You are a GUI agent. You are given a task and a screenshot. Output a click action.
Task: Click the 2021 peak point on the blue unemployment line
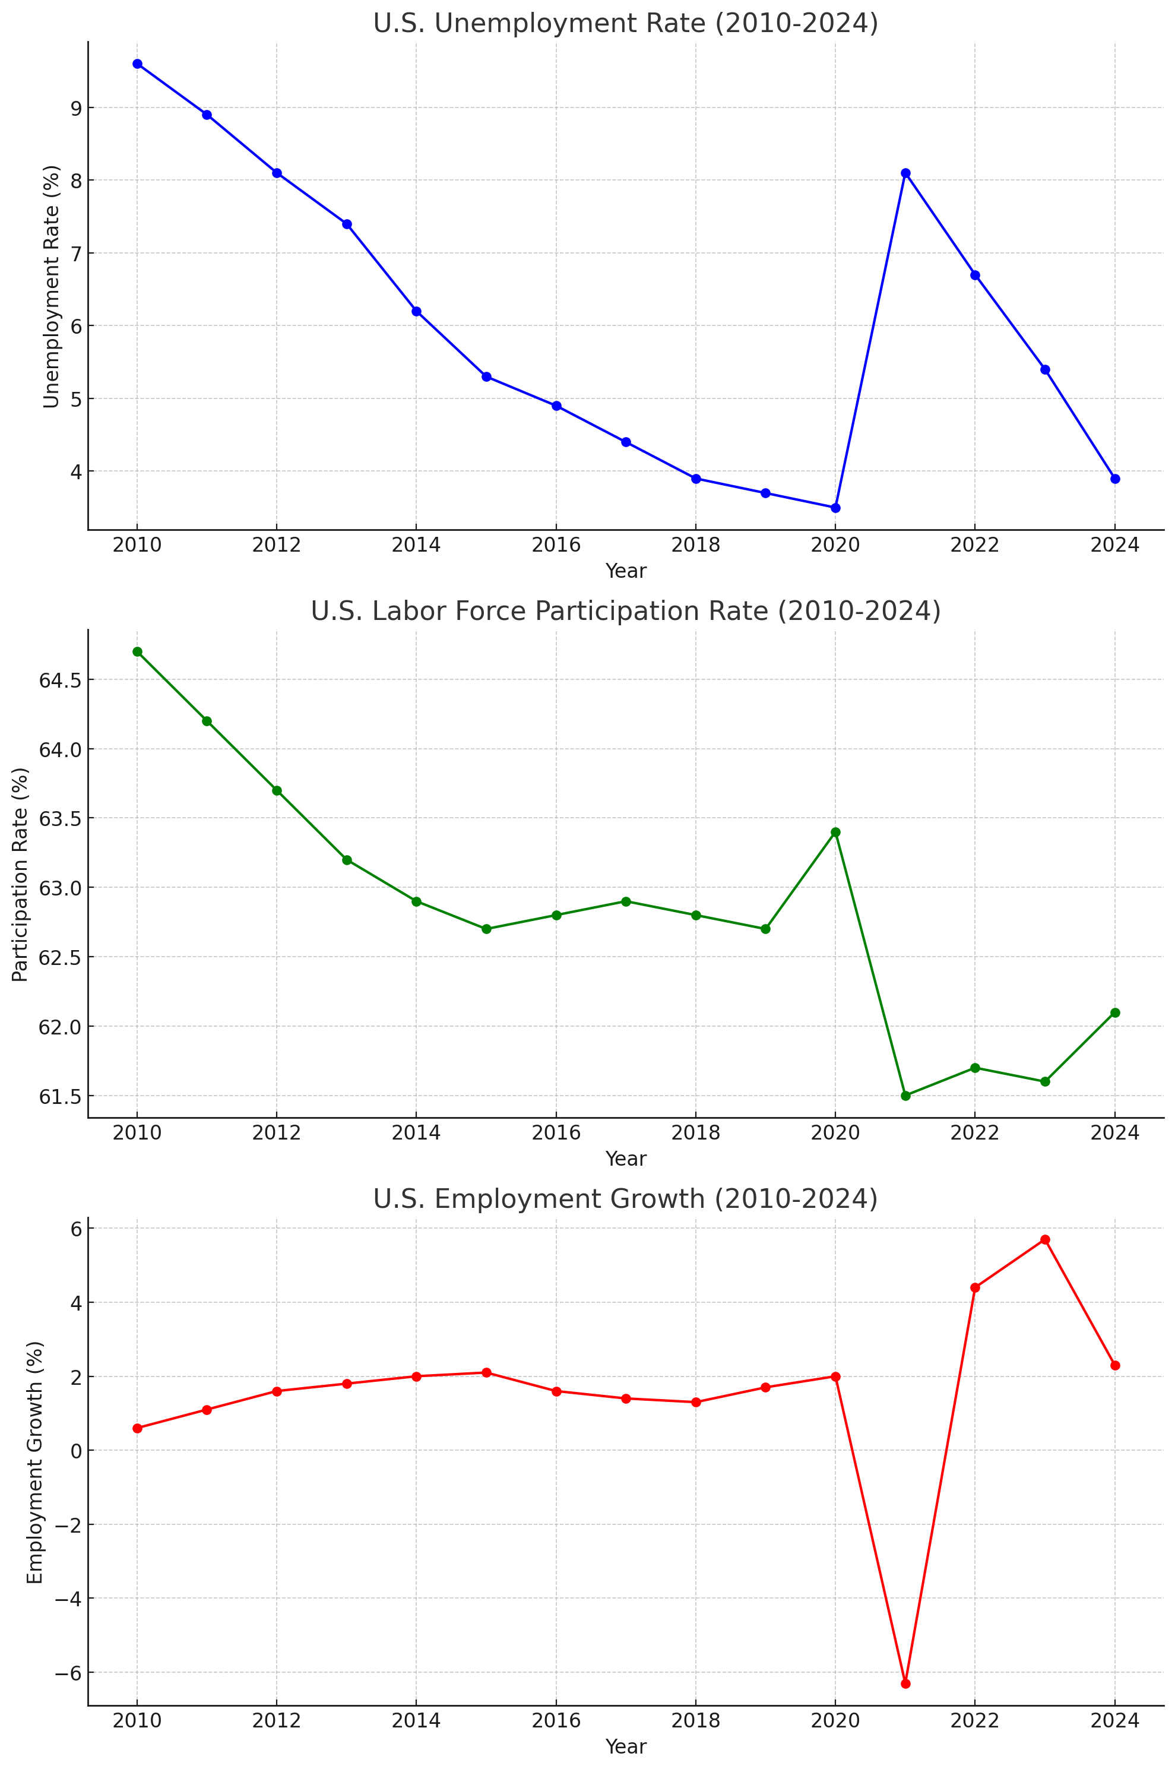[905, 173]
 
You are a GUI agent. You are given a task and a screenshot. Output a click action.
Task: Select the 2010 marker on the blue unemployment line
[137, 64]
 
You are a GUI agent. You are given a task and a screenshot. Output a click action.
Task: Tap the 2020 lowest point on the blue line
[835, 508]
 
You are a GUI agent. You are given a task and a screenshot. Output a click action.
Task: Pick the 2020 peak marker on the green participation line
[835, 833]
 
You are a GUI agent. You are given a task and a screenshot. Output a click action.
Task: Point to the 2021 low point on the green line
[905, 1096]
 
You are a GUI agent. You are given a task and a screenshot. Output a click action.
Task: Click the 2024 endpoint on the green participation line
[1115, 1013]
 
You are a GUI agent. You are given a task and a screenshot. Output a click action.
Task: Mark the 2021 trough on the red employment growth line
[905, 1683]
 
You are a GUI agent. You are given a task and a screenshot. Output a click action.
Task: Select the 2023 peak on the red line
[1046, 1239]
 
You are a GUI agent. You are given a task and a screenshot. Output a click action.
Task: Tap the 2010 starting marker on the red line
[137, 1428]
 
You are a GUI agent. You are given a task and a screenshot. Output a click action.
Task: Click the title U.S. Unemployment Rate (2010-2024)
[625, 24]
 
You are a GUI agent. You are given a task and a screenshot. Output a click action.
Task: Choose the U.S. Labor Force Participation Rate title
[625, 612]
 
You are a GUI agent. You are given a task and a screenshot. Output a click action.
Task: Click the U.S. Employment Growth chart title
[625, 1199]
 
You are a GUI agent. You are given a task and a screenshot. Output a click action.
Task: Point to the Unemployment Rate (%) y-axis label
[51, 286]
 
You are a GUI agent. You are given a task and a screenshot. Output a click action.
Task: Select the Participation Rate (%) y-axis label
[20, 874]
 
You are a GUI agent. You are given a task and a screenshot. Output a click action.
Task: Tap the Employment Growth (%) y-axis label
[34, 1462]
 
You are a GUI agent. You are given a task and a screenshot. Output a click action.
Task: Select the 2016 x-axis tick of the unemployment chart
[556, 545]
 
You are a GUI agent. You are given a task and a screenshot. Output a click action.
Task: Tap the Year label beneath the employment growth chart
[625, 1746]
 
